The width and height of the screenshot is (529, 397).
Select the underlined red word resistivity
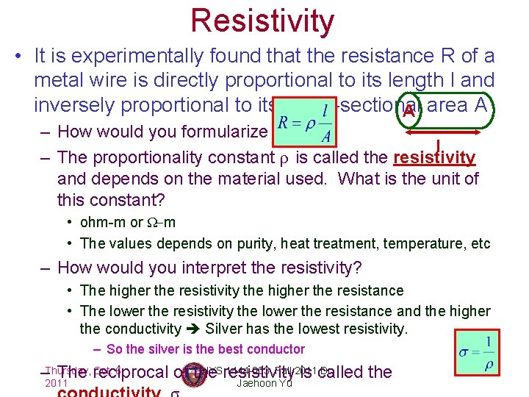pos(435,157)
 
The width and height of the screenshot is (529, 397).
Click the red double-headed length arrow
pos(439,133)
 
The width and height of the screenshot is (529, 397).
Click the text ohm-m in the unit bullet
pos(103,222)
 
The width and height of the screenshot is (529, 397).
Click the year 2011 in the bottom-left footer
pos(56,384)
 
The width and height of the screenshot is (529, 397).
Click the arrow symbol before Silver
pos(193,329)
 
